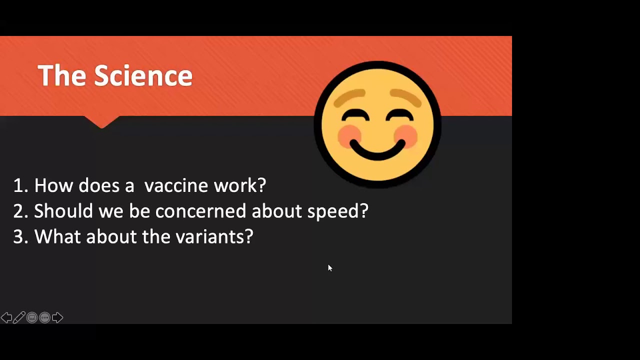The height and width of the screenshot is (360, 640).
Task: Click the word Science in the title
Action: coord(143,76)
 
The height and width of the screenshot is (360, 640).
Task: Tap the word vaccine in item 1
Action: coord(176,186)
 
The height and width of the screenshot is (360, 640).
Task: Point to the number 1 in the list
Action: coord(18,186)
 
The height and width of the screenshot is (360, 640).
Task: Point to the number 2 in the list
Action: coord(18,211)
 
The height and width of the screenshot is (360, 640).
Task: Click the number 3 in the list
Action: coord(18,237)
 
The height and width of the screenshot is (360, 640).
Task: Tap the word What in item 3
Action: coord(57,237)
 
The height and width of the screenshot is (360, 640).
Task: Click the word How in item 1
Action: coord(53,186)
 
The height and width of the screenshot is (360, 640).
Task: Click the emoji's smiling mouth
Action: coord(377,150)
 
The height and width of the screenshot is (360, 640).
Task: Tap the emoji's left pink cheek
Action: coord(349,136)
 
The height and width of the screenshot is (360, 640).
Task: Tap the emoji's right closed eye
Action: coord(400,116)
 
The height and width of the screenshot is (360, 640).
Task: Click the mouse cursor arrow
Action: coord(329,268)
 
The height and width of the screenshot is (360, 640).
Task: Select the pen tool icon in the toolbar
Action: coord(19,317)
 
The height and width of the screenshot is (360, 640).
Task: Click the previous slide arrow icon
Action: coord(6,317)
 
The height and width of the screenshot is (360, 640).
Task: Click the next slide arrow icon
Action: coord(57,317)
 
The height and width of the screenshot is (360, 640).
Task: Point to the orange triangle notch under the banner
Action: coord(101,121)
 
